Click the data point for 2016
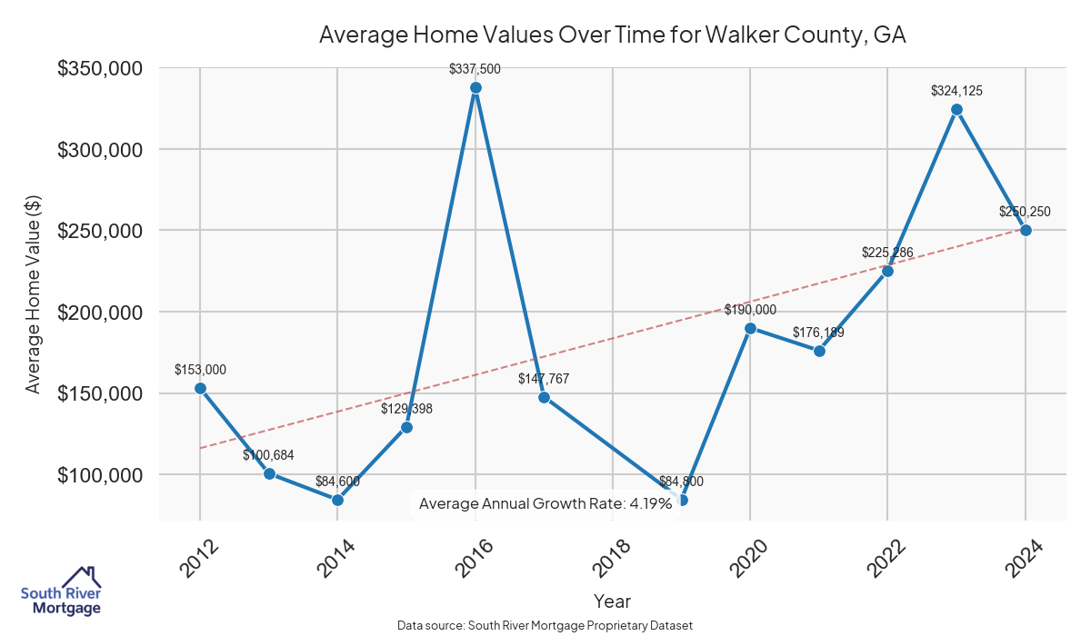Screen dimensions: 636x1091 coord(475,88)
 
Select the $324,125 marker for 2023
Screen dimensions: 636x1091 coord(956,109)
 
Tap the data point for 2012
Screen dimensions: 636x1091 coord(200,388)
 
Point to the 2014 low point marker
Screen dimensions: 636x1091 coord(337,500)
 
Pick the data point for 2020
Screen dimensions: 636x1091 coord(750,328)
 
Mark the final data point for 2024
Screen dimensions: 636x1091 coord(1026,230)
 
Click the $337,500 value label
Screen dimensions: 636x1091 coord(475,69)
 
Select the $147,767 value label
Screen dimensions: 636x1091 coord(544,378)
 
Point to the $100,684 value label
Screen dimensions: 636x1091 coord(268,454)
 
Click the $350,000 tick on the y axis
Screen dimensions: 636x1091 coord(99,68)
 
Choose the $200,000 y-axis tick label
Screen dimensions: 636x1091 coord(99,312)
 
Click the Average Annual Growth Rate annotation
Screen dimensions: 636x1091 coord(545,503)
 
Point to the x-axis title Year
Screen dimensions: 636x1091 coord(612,601)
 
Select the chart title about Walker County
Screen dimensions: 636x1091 coord(613,35)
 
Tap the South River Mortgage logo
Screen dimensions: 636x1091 coord(61,591)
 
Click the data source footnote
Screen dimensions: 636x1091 coord(545,625)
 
